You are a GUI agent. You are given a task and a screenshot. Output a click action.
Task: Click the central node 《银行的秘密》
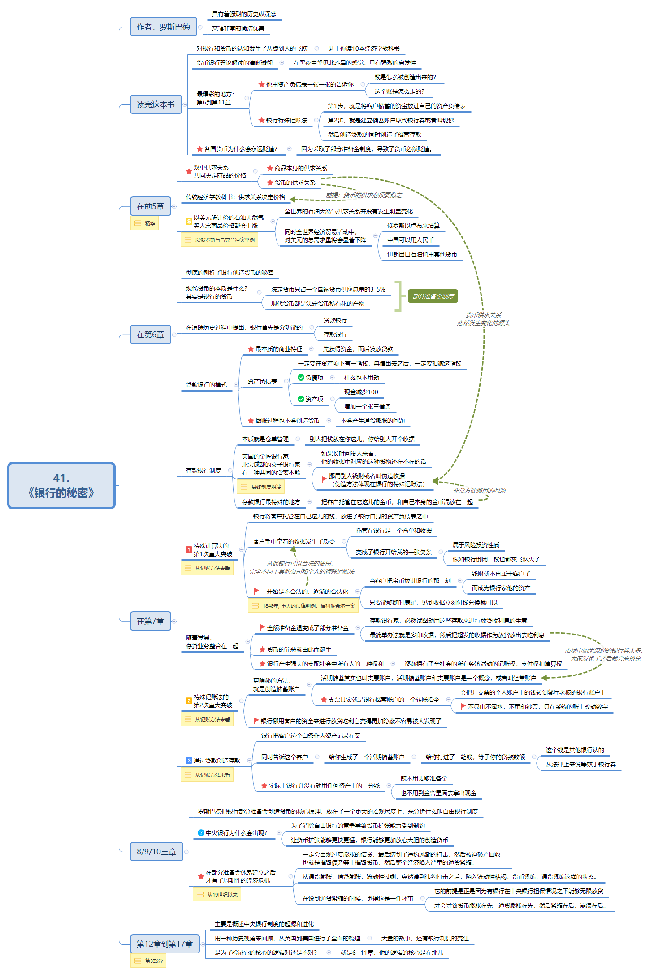[x=61, y=486]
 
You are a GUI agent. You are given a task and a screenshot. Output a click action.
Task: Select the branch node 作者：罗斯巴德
[x=163, y=27]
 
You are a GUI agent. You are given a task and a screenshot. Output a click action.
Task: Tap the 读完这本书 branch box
[x=156, y=104]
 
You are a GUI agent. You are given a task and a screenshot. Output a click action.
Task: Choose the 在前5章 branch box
[x=150, y=206]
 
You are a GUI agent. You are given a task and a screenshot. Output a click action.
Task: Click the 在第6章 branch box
[x=150, y=335]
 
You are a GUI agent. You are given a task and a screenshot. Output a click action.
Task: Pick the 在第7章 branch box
[x=150, y=621]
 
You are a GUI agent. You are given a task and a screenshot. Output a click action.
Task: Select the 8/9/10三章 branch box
[x=156, y=852]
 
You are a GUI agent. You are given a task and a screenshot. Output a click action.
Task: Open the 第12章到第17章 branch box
[x=165, y=944]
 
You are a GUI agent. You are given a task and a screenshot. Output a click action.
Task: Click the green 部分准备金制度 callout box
[x=433, y=296]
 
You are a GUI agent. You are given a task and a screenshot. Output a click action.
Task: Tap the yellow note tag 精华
[x=144, y=223]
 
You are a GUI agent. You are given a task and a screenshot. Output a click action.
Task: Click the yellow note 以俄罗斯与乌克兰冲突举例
[x=219, y=240]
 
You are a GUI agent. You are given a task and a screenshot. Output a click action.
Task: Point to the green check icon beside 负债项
[x=301, y=378]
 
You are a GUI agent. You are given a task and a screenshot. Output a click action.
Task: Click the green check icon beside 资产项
[x=301, y=399]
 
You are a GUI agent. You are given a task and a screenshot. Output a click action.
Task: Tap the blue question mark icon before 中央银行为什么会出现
[x=201, y=833]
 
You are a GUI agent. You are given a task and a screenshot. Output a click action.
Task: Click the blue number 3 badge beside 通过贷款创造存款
[x=189, y=761]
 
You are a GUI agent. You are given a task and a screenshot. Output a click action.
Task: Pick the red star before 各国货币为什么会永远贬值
[x=199, y=149]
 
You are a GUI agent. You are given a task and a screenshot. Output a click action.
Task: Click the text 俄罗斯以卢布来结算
[x=413, y=226]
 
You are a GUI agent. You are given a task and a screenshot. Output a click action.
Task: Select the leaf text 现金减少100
[x=361, y=392]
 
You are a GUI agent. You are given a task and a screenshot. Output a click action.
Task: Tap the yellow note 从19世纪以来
[x=217, y=895]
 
